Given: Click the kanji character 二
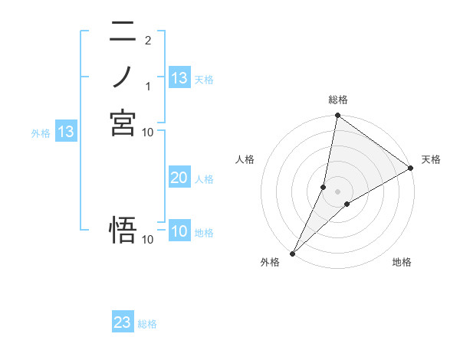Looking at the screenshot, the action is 123,32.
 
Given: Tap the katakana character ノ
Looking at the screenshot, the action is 123,77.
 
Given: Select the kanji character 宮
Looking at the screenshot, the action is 123,123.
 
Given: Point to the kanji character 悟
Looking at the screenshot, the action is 123,231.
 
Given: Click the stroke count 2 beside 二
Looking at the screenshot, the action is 147,40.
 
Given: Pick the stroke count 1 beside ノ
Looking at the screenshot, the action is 147,85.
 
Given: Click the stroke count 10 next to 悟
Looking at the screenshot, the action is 147,240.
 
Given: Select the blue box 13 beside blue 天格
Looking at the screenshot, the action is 179,78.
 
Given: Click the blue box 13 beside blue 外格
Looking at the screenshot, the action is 66,132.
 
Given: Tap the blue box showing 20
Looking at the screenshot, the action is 179,178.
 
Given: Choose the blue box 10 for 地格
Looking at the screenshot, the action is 179,231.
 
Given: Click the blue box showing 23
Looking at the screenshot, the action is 123,322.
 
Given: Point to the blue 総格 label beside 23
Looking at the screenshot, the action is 147,324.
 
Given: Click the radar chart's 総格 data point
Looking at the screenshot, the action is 337,116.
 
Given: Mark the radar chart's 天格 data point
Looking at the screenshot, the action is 411,169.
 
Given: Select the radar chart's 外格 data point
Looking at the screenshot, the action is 292,254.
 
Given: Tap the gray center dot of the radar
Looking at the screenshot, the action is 337,191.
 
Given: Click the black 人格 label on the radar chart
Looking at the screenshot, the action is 245,159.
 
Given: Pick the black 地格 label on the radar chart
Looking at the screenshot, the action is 402,263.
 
